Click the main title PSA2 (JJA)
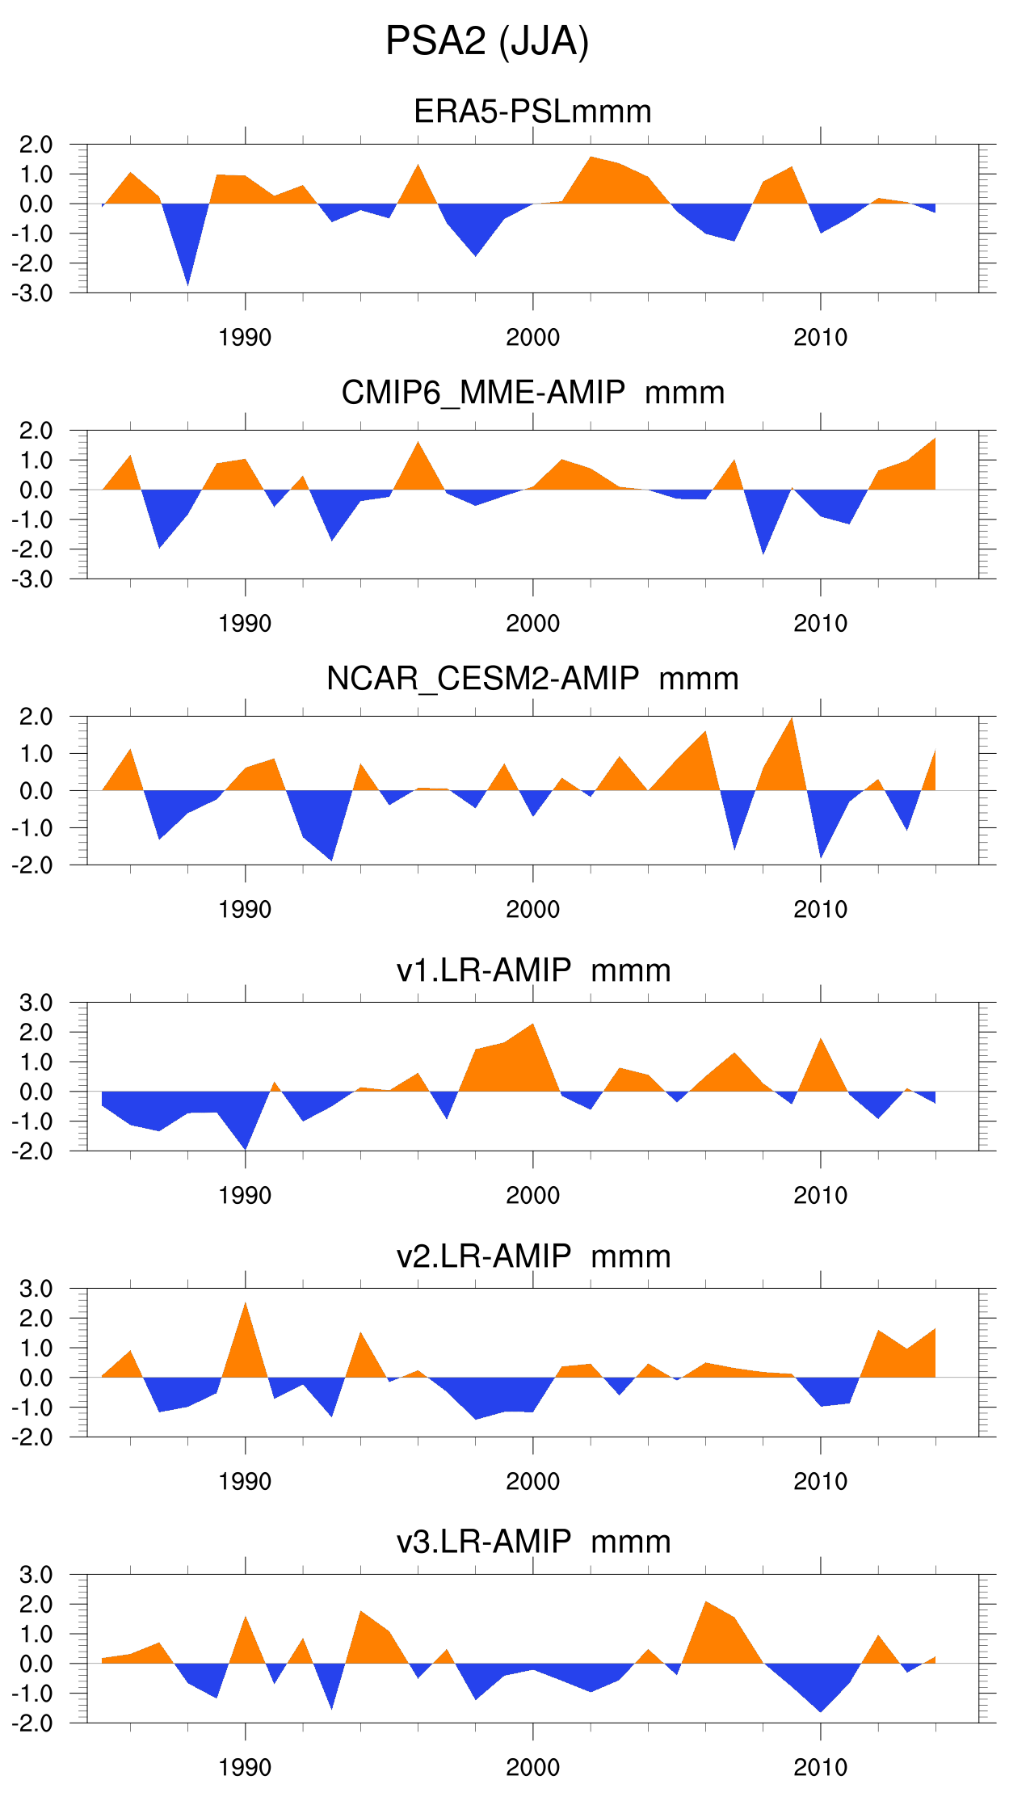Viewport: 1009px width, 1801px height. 487,41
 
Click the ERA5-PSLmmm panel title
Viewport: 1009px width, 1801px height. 532,112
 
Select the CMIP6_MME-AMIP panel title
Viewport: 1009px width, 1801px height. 532,393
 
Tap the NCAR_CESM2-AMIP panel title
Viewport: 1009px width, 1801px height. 532,679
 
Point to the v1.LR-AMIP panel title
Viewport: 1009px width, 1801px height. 533,970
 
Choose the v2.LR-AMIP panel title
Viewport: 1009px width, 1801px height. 533,1256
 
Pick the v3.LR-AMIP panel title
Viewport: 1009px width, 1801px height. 533,1542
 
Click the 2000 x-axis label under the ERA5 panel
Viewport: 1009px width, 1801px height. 532,338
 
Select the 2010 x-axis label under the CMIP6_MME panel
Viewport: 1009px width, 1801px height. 820,624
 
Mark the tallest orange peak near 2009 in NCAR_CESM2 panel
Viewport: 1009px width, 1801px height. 792,727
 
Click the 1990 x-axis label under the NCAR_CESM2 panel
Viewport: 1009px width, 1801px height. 245,910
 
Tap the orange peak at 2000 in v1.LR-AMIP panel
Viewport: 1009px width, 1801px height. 532,1034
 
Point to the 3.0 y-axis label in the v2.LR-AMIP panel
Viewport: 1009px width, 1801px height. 36,1289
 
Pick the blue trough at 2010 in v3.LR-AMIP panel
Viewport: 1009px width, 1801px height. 821,1703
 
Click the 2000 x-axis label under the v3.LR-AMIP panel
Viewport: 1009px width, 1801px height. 532,1768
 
